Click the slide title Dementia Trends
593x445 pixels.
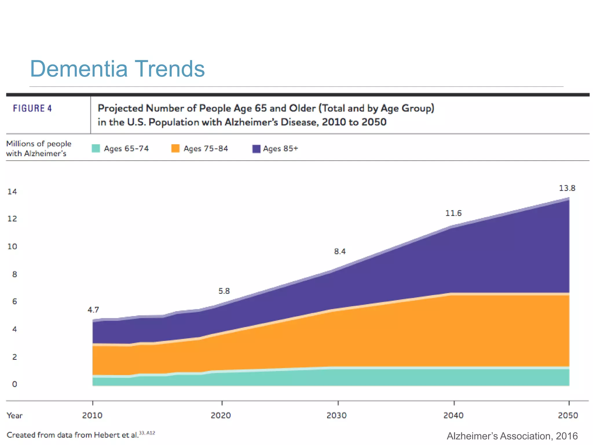[117, 69]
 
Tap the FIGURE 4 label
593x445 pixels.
[32, 108]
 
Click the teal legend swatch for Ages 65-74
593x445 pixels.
[96, 148]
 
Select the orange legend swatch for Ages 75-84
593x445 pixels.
[175, 148]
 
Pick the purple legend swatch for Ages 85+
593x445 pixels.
[256, 149]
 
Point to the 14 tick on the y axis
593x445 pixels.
[12, 192]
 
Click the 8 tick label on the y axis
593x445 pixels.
[14, 274]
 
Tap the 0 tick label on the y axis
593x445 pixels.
[14, 384]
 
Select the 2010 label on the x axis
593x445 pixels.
[92, 415]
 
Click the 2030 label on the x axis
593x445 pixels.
[336, 415]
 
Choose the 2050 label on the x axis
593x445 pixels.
[568, 415]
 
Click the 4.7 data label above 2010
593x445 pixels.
[93, 310]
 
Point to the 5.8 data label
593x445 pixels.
[224, 291]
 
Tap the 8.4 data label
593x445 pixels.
[340, 251]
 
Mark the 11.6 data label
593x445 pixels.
[453, 213]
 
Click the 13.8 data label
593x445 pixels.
[567, 188]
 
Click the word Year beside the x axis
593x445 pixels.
[14, 415]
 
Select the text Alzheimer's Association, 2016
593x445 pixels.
[512, 436]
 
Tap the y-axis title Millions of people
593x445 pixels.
[39, 144]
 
